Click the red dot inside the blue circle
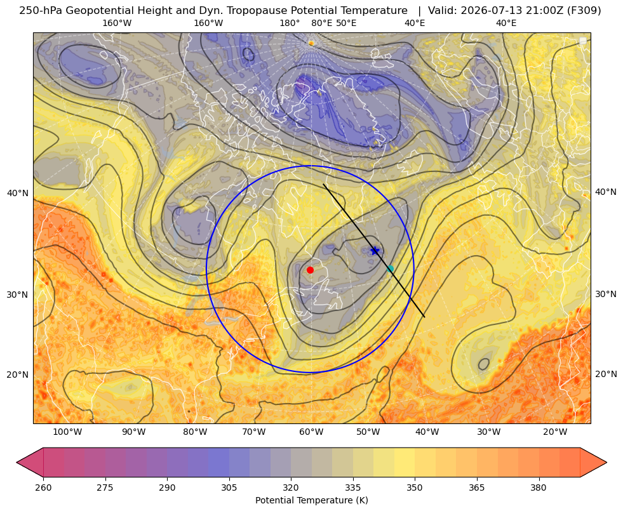[x=310, y=270]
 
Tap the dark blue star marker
[x=375, y=251]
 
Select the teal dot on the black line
[x=390, y=269]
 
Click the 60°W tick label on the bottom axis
[x=311, y=432]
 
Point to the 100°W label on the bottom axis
[x=67, y=432]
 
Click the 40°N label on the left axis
[x=18, y=194]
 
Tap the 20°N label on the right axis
[x=606, y=374]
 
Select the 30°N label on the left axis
[x=18, y=295]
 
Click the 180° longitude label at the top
[x=290, y=23]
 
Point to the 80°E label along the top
[x=321, y=23]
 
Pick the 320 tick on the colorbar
[x=291, y=488]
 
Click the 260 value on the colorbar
[x=43, y=488]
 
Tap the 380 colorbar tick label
[x=539, y=488]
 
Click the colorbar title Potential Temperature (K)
[x=311, y=500]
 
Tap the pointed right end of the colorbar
[x=606, y=462]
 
